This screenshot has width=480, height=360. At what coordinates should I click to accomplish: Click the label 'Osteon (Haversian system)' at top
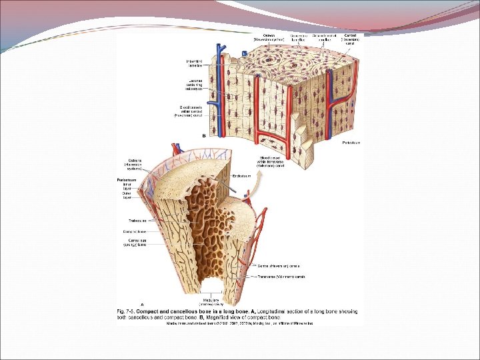(x=269, y=37)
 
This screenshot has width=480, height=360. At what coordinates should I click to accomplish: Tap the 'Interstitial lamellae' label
(x=195, y=64)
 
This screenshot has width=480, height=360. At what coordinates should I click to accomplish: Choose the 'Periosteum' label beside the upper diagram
(x=351, y=143)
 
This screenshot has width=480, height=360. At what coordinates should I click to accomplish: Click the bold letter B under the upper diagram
(x=203, y=135)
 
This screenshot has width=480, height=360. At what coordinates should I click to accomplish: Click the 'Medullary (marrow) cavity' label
(x=212, y=301)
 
